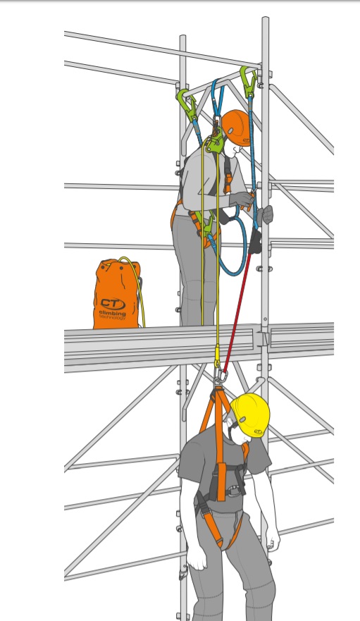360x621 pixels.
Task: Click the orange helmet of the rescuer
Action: pos(236,128)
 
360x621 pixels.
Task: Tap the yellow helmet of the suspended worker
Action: pos(250,414)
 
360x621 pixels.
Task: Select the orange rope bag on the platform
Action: pos(117,294)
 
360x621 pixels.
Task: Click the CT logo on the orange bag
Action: pos(113,304)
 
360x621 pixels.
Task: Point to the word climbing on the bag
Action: pos(113,314)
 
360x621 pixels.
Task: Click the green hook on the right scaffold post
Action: pos(248,81)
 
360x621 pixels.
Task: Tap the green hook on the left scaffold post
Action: pos(187,104)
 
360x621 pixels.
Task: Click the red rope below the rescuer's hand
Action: pos(237,313)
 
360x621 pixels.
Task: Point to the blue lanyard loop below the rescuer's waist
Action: pos(230,254)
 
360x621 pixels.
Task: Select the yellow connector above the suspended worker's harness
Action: pos(217,357)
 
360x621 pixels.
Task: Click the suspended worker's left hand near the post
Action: pos(273,541)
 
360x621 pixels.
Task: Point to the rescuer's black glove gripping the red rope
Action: pos(255,241)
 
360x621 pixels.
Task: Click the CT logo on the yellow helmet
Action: pos(259,431)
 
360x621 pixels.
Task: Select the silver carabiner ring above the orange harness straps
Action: pos(221,377)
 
